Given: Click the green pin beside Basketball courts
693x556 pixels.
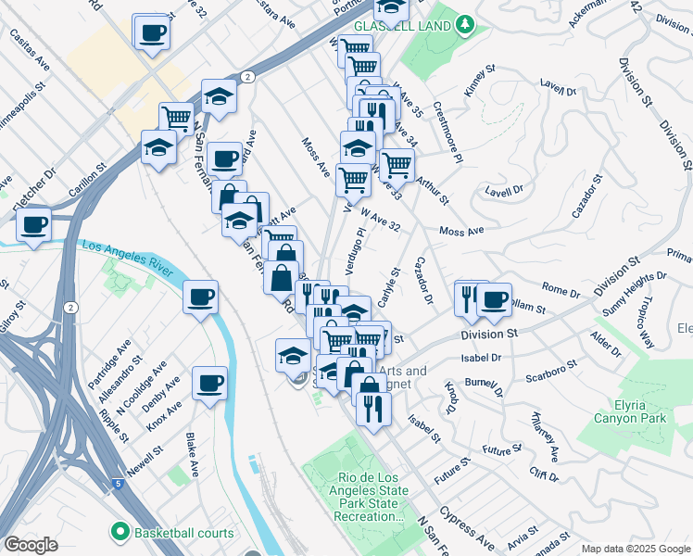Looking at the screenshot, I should click(120, 532).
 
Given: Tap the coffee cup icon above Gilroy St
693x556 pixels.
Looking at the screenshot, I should click(34, 224).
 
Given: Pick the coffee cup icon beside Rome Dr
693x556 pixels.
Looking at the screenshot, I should click(495, 298).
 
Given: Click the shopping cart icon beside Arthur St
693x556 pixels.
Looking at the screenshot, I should click(397, 164).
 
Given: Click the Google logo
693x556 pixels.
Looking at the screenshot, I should click(31, 545).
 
